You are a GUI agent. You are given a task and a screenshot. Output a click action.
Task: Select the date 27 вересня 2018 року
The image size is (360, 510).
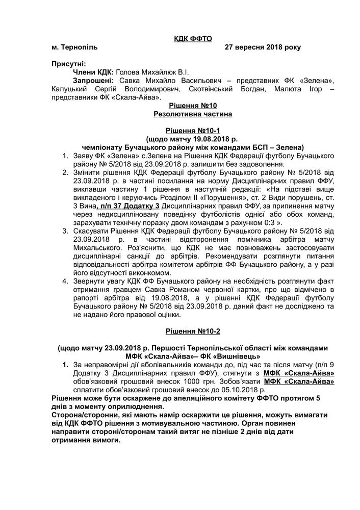tap(263, 47)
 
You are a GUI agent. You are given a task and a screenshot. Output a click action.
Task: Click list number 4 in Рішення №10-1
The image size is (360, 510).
tap(65, 280)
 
